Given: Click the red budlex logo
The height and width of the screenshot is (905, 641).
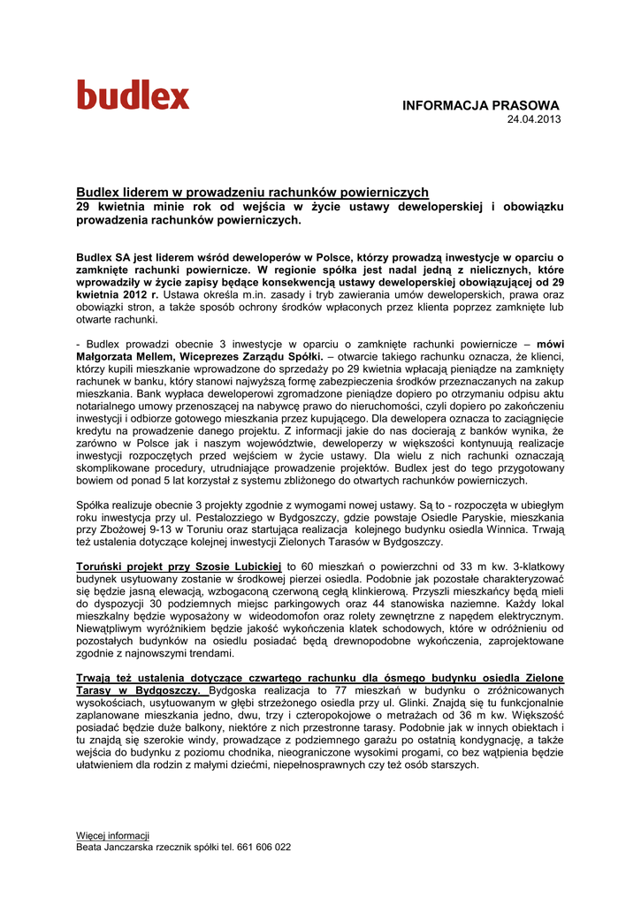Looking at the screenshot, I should point(133,95).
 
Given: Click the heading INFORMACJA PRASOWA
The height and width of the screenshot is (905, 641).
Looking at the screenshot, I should point(481,105).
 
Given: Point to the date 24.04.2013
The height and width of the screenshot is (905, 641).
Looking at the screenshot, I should point(532,119).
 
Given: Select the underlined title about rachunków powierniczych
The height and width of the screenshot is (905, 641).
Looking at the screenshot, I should point(252,192).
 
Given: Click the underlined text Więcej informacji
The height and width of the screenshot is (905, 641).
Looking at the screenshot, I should point(112,835).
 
